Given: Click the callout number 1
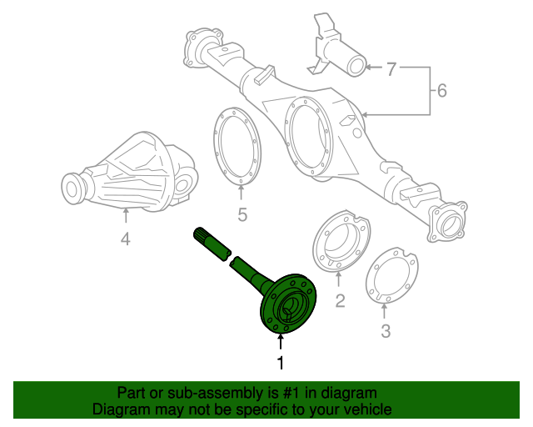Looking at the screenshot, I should click(x=281, y=363).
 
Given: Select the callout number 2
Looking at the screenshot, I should click(x=340, y=300).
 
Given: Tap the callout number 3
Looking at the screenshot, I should click(x=385, y=333).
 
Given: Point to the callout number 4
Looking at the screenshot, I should click(x=125, y=239).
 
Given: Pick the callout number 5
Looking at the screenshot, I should click(x=242, y=215).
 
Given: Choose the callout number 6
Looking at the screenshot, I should click(x=441, y=89).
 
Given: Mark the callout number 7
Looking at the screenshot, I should click(x=391, y=69).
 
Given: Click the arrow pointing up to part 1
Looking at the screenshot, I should click(x=281, y=341).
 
